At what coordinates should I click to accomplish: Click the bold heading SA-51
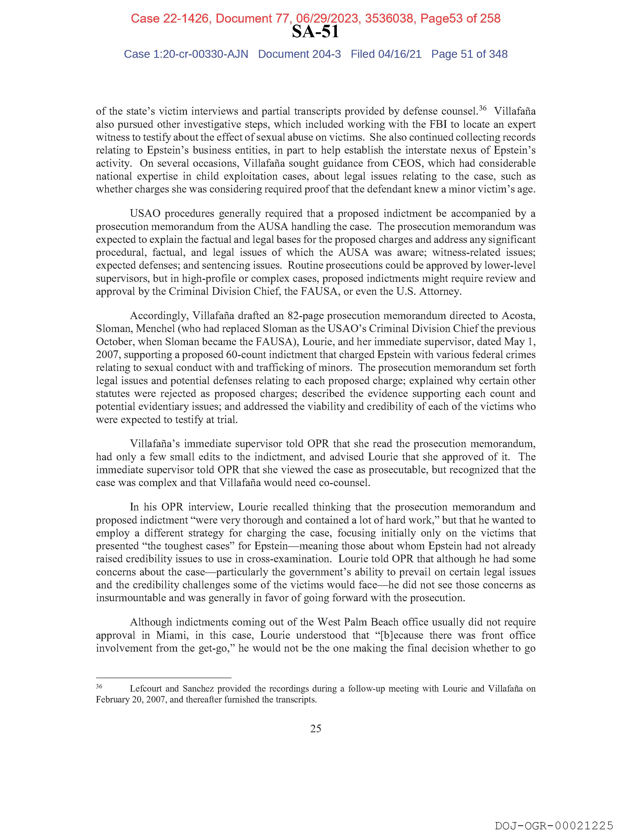pos(315,32)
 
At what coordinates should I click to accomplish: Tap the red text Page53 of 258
pos(460,18)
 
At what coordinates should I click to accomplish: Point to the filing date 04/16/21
pos(400,54)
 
